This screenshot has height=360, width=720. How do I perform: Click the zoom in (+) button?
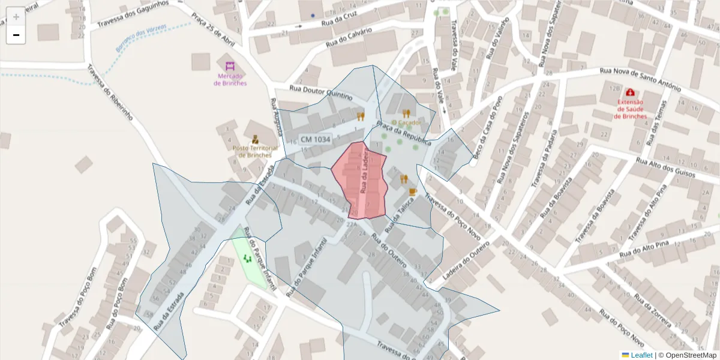(16, 17)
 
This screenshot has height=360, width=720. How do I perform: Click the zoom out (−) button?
(16, 35)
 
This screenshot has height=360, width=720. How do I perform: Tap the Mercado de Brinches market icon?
(230, 66)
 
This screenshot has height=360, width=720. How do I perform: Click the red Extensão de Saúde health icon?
(630, 92)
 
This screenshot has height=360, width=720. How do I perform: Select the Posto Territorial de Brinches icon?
(256, 139)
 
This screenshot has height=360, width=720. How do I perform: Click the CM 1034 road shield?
(315, 139)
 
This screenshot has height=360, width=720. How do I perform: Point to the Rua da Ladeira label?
(364, 172)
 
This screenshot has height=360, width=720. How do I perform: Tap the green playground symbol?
(247, 259)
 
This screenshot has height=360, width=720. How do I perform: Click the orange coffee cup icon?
(412, 191)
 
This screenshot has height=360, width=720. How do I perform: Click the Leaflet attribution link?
(641, 355)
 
